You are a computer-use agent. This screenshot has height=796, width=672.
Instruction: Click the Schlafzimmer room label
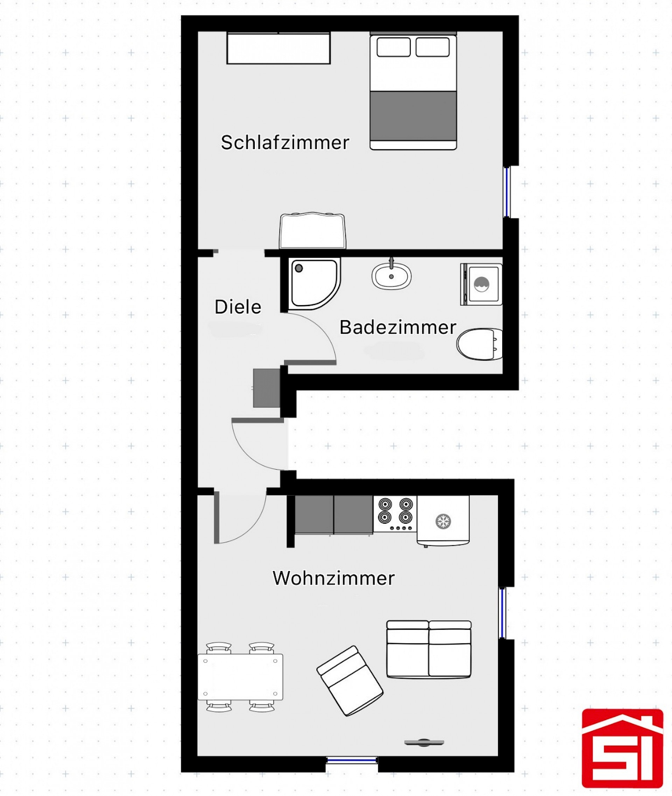(285, 143)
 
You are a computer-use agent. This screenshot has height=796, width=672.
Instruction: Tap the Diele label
(238, 307)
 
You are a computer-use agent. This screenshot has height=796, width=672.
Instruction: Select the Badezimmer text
(398, 327)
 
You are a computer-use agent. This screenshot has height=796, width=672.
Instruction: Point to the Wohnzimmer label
(333, 578)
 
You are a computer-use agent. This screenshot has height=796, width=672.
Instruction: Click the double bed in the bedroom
(413, 91)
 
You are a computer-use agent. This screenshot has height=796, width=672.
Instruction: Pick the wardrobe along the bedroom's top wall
(278, 48)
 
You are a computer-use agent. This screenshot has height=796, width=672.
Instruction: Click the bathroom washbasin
(392, 275)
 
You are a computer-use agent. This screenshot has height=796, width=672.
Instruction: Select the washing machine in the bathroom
(481, 284)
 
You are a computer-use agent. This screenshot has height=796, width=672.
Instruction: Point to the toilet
(479, 344)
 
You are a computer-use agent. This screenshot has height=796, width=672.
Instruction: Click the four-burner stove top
(395, 514)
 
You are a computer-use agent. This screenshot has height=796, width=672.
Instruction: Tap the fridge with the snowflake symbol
(443, 521)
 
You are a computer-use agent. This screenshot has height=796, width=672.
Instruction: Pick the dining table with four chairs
(240, 677)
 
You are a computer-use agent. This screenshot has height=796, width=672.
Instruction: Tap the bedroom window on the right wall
(507, 192)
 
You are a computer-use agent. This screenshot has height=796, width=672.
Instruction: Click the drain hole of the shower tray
(299, 268)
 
